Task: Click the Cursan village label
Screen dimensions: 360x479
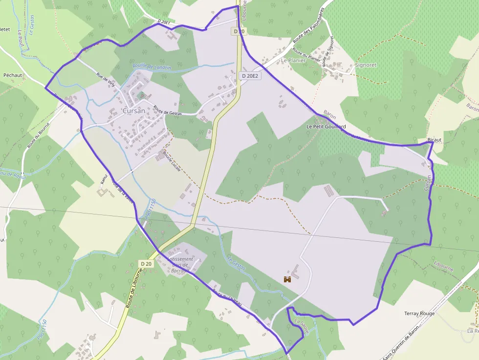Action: point(133,111)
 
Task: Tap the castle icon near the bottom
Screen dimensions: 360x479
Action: point(287,279)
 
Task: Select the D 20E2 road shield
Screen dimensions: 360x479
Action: point(250,76)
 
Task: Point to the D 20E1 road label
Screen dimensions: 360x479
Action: point(164,22)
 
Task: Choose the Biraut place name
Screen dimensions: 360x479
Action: point(434,140)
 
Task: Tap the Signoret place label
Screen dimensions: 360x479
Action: point(366,64)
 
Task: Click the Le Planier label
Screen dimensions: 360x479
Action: point(293,61)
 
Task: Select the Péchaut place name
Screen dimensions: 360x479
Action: point(13,75)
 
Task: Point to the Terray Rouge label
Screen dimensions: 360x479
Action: point(419,313)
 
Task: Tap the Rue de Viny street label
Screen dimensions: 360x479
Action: point(106,79)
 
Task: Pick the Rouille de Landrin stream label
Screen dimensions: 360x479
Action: point(152,67)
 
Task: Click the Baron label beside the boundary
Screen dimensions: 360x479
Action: point(330,115)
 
